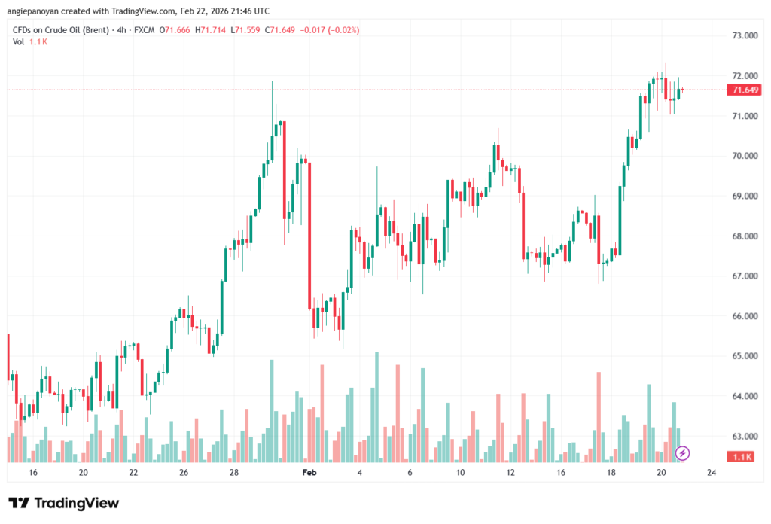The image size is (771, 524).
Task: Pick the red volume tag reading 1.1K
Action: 742,457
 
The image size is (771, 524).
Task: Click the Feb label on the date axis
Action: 309,472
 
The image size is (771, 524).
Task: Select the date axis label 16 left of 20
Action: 33,472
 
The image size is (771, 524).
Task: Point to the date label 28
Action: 234,472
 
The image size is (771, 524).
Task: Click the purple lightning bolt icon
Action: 682,453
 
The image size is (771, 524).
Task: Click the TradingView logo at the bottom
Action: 64,503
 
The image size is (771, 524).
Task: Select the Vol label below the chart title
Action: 18,41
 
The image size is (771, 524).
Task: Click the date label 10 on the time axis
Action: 459,472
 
